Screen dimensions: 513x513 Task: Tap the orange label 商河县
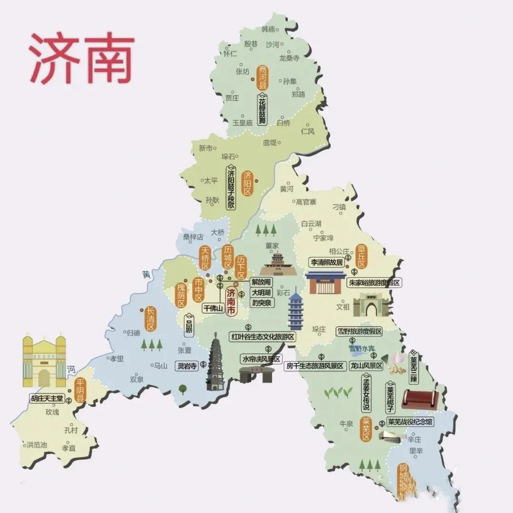pos(263,77)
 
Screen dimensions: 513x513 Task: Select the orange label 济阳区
pos(247,183)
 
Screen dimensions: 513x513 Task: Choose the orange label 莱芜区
pos(366,429)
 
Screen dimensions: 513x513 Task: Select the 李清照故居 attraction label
pos(327,262)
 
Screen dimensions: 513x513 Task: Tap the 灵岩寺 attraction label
pos(187,366)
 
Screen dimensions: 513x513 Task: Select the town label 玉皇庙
pos(242,123)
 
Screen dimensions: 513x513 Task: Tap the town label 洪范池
pos(37,445)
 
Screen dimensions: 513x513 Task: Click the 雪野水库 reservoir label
pos(362,348)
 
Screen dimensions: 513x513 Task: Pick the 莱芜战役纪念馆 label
pos(410,421)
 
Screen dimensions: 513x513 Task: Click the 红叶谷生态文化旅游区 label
pos(263,337)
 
